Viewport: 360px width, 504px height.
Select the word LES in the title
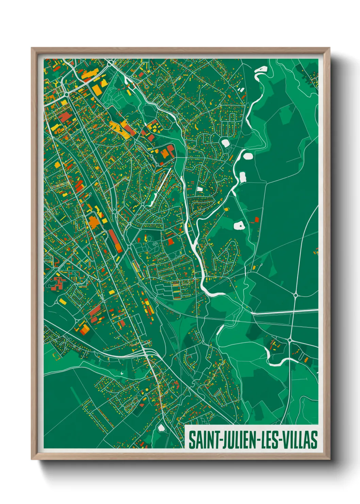[269, 440]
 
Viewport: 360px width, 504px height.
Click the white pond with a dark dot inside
[239, 225]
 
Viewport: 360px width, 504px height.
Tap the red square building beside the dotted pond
[257, 219]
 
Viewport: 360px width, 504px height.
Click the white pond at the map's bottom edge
[161, 428]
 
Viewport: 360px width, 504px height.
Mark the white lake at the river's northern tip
[261, 70]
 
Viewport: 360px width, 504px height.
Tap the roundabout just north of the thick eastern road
[295, 295]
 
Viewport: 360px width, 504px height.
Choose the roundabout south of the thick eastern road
[290, 340]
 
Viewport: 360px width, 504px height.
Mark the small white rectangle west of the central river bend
[200, 189]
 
